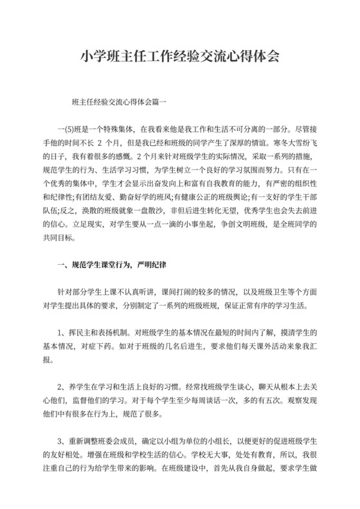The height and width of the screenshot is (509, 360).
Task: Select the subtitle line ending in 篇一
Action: pyautogui.click(x=120, y=102)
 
